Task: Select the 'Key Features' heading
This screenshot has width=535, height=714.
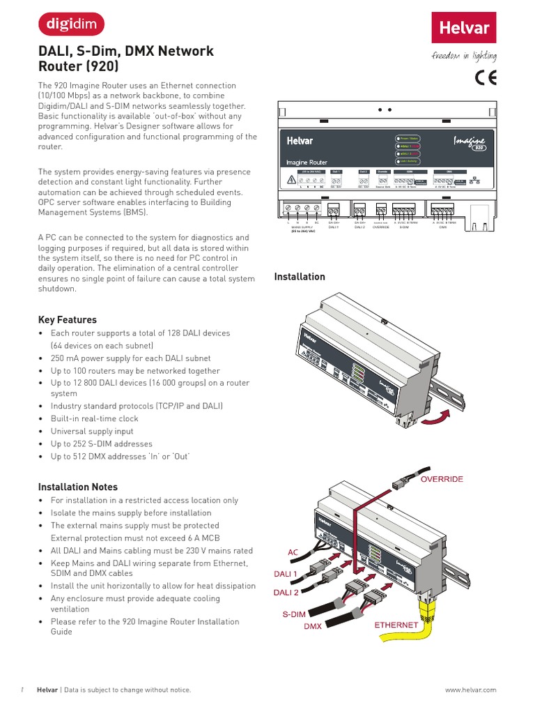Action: tap(67, 320)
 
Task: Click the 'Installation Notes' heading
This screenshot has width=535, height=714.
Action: tap(77, 487)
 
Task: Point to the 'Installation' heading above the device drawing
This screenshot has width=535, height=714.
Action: tap(300, 277)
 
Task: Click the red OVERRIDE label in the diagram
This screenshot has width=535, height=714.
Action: tap(441, 480)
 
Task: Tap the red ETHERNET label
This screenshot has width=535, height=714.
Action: tap(396, 625)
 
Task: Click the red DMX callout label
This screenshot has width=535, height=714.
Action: tap(313, 627)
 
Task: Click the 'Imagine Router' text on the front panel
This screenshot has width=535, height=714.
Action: tap(307, 162)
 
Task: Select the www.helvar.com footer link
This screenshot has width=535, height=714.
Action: tap(470, 690)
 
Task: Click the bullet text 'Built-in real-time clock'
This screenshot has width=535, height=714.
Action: tap(94, 419)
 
